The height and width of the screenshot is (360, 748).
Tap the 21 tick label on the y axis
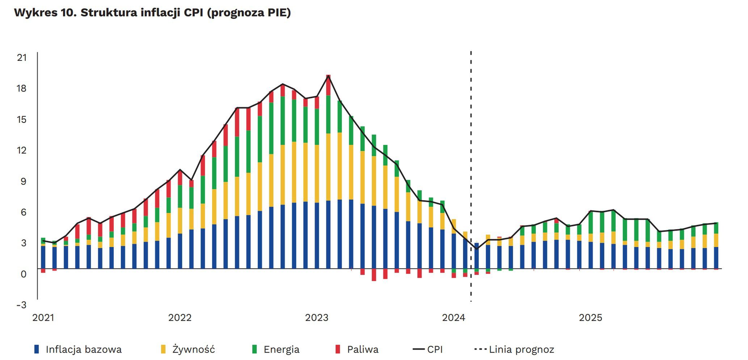pyautogui.click(x=22, y=58)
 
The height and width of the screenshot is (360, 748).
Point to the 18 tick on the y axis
pyautogui.click(x=22, y=88)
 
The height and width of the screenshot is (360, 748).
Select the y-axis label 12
pyautogui.click(x=22, y=150)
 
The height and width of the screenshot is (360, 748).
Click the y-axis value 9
pyautogui.click(x=24, y=181)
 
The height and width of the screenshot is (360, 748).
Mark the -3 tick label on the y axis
pyautogui.click(x=21, y=305)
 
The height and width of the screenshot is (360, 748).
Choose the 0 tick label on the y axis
pyautogui.click(x=24, y=274)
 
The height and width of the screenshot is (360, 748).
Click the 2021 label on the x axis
pyautogui.click(x=43, y=318)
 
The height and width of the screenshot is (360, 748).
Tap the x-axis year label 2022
pyautogui.click(x=180, y=318)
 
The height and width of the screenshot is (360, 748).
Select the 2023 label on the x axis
pyautogui.click(x=317, y=318)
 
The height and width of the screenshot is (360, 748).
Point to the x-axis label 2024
pyautogui.click(x=454, y=318)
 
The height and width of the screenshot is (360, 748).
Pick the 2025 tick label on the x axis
pyautogui.click(x=591, y=318)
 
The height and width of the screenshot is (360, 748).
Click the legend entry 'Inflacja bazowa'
pyautogui.click(x=83, y=349)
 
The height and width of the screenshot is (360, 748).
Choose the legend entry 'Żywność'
pyautogui.click(x=193, y=349)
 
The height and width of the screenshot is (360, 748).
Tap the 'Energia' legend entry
pyautogui.click(x=281, y=349)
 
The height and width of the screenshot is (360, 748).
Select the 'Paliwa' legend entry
pyautogui.click(x=362, y=349)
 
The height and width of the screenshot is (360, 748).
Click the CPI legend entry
pyautogui.click(x=434, y=349)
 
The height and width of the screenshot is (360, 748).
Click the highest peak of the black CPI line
pyautogui.click(x=328, y=76)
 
